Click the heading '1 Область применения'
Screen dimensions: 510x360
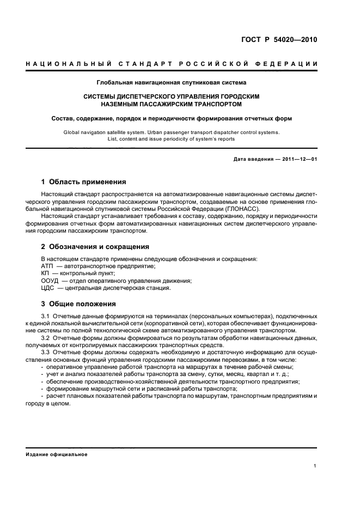point(84,181)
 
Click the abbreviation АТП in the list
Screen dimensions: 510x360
point(48,265)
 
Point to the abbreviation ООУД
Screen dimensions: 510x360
point(51,280)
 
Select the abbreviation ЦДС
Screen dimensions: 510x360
point(48,288)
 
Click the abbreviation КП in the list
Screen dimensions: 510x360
point(46,273)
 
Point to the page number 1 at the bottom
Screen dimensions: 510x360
point(316,465)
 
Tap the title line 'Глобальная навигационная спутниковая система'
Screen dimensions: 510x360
point(172,83)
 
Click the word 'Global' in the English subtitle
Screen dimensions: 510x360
point(71,132)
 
